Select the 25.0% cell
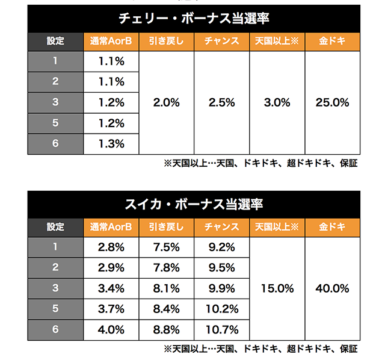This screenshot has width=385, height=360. (x=332, y=102)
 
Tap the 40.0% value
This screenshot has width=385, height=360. (x=332, y=289)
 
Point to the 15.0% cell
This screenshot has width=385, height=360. (x=277, y=289)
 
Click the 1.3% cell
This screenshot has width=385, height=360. (x=111, y=144)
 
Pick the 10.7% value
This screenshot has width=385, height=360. (x=221, y=330)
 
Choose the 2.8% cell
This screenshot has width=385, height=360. (x=111, y=247)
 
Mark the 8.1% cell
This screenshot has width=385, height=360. (x=166, y=289)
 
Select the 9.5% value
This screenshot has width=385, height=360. (x=221, y=268)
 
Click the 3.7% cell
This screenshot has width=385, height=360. (x=111, y=309)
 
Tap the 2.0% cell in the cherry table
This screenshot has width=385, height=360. (x=166, y=102)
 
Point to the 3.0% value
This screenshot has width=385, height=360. (x=277, y=102)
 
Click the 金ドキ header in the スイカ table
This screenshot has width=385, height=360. (x=332, y=227)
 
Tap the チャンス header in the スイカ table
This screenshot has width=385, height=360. (x=221, y=227)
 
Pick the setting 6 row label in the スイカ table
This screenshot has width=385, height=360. (x=55, y=330)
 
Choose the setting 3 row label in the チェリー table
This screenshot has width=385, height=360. (x=55, y=102)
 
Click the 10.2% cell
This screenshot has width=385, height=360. (x=221, y=309)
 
